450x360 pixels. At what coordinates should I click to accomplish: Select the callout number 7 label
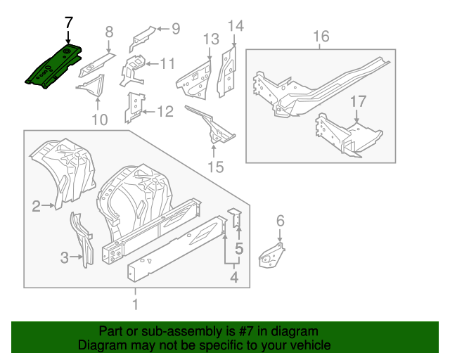click(68, 22)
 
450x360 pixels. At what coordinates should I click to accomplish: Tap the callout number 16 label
click(321, 37)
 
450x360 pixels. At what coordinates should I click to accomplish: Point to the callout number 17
click(358, 102)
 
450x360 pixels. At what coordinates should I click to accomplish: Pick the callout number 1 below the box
click(136, 304)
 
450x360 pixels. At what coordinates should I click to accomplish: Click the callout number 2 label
click(36, 205)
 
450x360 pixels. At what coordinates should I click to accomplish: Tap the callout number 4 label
click(234, 278)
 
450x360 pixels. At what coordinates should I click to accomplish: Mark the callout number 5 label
click(239, 248)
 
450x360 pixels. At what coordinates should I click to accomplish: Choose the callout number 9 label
click(175, 29)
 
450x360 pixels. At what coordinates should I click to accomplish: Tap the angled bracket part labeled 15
click(211, 124)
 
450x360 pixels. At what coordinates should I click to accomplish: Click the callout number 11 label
click(167, 64)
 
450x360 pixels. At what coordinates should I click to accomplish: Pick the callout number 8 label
click(109, 31)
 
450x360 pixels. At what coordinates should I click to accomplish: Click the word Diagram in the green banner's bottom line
click(101, 345)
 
